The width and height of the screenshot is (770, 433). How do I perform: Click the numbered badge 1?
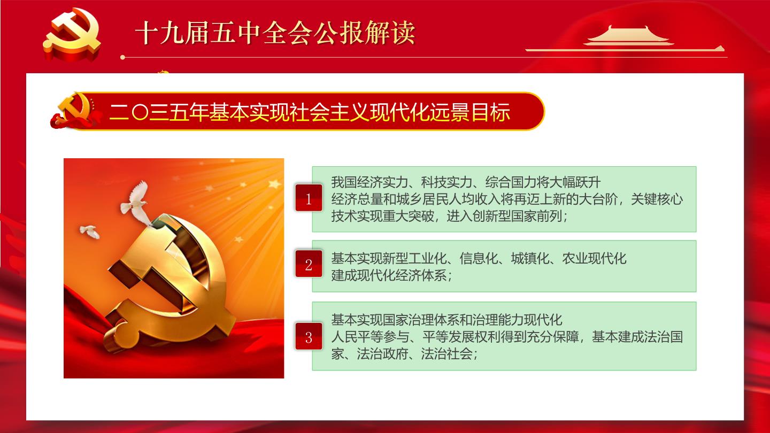(309, 198)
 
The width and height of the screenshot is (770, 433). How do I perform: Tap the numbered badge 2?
(309, 264)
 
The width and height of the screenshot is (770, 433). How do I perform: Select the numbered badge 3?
(309, 336)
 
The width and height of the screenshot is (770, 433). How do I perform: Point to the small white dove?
(90, 231)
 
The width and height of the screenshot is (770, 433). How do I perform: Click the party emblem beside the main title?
(72, 34)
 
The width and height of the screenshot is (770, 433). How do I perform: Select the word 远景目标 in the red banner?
(470, 112)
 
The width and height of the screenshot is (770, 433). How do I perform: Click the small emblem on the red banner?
(75, 111)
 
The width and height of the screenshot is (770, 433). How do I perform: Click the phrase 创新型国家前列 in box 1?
(518, 216)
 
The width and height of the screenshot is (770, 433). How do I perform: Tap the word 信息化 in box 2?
(479, 258)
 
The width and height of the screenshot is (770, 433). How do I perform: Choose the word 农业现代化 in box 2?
(595, 258)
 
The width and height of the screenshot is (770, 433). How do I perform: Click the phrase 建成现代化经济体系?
(389, 275)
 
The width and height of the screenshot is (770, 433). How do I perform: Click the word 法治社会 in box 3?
(446, 353)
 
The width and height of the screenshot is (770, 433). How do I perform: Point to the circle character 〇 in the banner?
(140, 112)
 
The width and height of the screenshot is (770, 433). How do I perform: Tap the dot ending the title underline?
(123, 57)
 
